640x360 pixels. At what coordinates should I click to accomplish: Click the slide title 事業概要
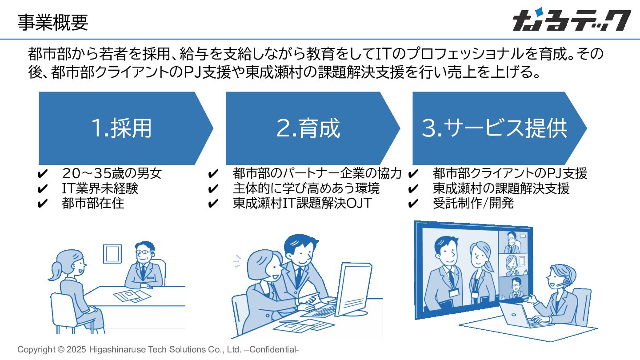[52, 22]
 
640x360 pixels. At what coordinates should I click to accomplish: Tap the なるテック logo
[571, 21]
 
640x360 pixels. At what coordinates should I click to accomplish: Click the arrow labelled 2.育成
[308, 128]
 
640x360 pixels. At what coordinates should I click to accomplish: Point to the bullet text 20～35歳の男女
[112, 173]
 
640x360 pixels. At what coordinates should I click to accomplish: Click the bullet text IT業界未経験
[100, 188]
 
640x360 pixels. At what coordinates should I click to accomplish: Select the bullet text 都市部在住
[93, 203]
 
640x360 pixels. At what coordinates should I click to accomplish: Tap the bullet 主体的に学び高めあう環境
[306, 188]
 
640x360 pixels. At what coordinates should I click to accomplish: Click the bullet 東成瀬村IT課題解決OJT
[302, 203]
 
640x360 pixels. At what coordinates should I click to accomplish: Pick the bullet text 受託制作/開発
[473, 203]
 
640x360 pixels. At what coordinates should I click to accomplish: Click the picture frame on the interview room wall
[112, 253]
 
